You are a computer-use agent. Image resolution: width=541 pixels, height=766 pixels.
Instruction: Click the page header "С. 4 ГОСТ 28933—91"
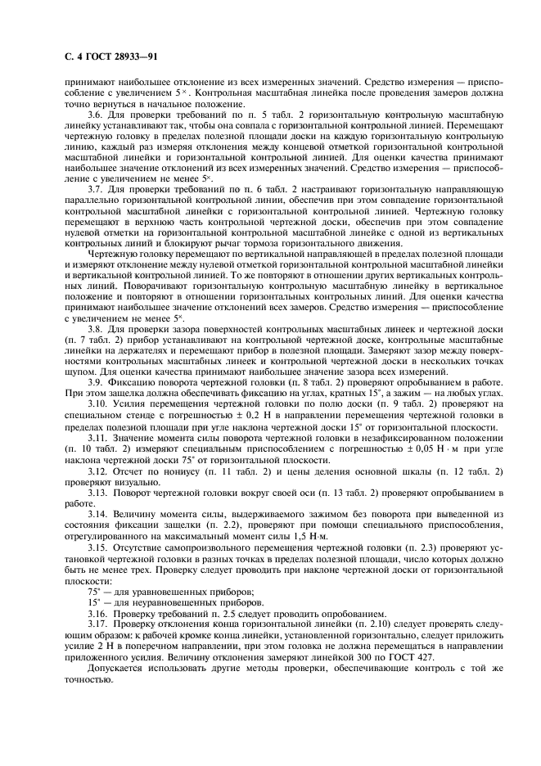pyautogui.click(x=110, y=56)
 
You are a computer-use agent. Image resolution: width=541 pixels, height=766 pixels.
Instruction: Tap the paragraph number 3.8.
pyautogui.click(x=96, y=329)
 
